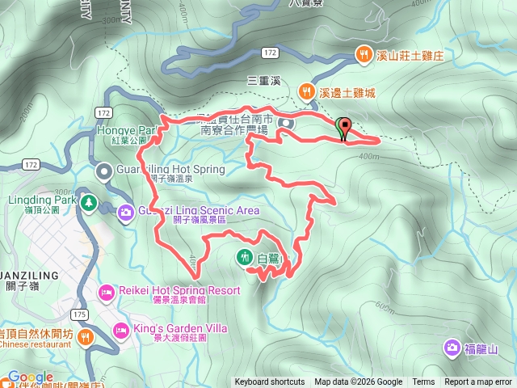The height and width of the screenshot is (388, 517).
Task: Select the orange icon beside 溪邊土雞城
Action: point(306,92)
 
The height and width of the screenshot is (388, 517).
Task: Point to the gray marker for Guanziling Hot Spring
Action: point(104,171)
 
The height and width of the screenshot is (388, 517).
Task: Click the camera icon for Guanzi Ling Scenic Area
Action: point(126,212)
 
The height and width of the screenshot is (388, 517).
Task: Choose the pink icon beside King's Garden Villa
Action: point(120,329)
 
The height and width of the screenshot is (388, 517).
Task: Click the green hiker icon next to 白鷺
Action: point(244,258)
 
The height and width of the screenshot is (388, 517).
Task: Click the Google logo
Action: point(31,377)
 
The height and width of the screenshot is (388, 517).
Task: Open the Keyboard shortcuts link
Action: point(270,382)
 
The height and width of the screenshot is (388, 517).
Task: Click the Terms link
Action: point(423,382)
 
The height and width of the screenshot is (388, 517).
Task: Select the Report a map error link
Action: point(478,382)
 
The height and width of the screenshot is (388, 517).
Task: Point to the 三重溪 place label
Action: point(263,81)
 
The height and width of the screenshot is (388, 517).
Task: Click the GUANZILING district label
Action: point(29,275)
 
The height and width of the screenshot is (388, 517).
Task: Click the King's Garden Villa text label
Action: point(182,329)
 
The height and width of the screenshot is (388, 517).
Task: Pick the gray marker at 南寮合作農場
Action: point(285,123)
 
